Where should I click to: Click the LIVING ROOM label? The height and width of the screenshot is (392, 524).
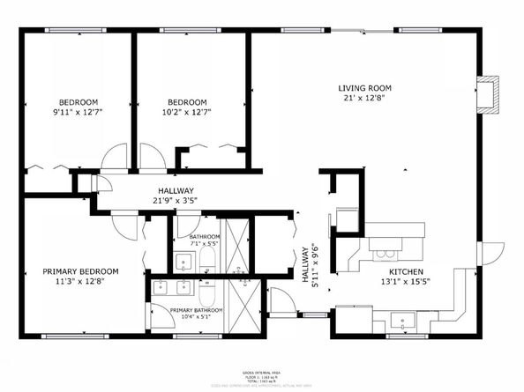coord(365,88)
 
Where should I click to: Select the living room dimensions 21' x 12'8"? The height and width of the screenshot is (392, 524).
coord(365,99)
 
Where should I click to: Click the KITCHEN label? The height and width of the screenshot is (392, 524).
coord(408,271)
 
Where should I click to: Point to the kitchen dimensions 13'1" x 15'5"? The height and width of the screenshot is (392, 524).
coord(408,282)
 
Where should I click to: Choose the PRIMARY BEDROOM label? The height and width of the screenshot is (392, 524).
coord(79,271)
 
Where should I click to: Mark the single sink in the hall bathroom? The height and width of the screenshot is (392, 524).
coord(184,261)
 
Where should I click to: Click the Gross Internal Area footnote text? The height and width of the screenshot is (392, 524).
coord(262,374)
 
